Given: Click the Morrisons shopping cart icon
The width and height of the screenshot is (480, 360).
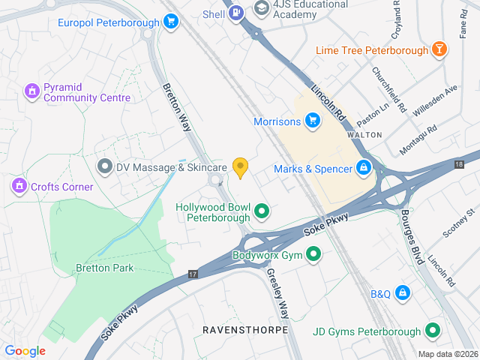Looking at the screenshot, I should tap(312, 120).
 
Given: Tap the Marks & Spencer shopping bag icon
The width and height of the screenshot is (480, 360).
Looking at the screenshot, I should tap(364, 167).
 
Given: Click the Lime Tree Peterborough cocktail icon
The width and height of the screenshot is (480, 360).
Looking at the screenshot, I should tap(439, 50).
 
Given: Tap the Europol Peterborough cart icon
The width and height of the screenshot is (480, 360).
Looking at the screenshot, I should tap(171, 22).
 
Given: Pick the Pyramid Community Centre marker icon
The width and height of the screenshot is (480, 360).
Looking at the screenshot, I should tap(31, 91).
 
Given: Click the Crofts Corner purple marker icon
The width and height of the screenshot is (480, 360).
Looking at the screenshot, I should tap(18, 185).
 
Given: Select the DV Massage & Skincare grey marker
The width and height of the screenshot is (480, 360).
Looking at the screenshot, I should tap(105, 166).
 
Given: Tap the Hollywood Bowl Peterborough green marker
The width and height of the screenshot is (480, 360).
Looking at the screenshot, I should tap(262, 211).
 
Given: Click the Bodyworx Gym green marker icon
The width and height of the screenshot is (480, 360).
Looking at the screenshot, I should tap(314, 255).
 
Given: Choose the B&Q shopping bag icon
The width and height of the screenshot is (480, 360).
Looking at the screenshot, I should tap(403, 292).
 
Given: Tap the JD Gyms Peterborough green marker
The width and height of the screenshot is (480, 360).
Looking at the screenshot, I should tap(433, 330).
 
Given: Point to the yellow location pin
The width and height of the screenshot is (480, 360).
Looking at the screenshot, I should tap(240, 167).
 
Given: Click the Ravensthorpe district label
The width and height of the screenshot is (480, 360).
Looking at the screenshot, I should tap(235, 329).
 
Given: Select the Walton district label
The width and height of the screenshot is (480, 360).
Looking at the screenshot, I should tap(364, 135).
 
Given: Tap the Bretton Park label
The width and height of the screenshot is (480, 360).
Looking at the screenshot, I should tap(103, 268).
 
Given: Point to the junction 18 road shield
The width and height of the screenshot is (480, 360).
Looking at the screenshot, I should tap(459, 163).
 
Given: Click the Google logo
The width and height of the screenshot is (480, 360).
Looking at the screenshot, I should tap(25, 351).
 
